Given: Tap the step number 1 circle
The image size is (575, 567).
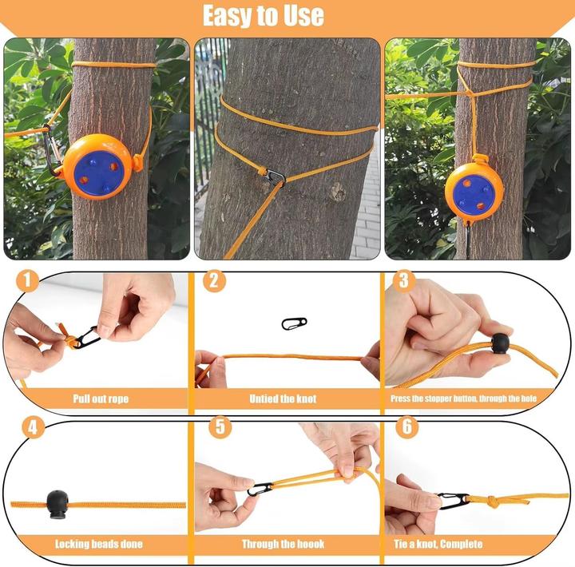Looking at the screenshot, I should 27,281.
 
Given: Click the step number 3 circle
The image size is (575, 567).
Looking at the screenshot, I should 403,281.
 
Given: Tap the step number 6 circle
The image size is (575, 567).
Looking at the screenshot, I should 406,427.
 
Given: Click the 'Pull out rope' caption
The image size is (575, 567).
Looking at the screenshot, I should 100,398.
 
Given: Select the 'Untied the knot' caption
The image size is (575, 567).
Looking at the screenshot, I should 284,398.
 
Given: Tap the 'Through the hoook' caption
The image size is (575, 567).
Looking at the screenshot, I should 284,544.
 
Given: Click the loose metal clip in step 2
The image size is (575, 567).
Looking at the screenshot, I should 294,323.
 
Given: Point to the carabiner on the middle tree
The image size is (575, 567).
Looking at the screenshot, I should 276,175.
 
